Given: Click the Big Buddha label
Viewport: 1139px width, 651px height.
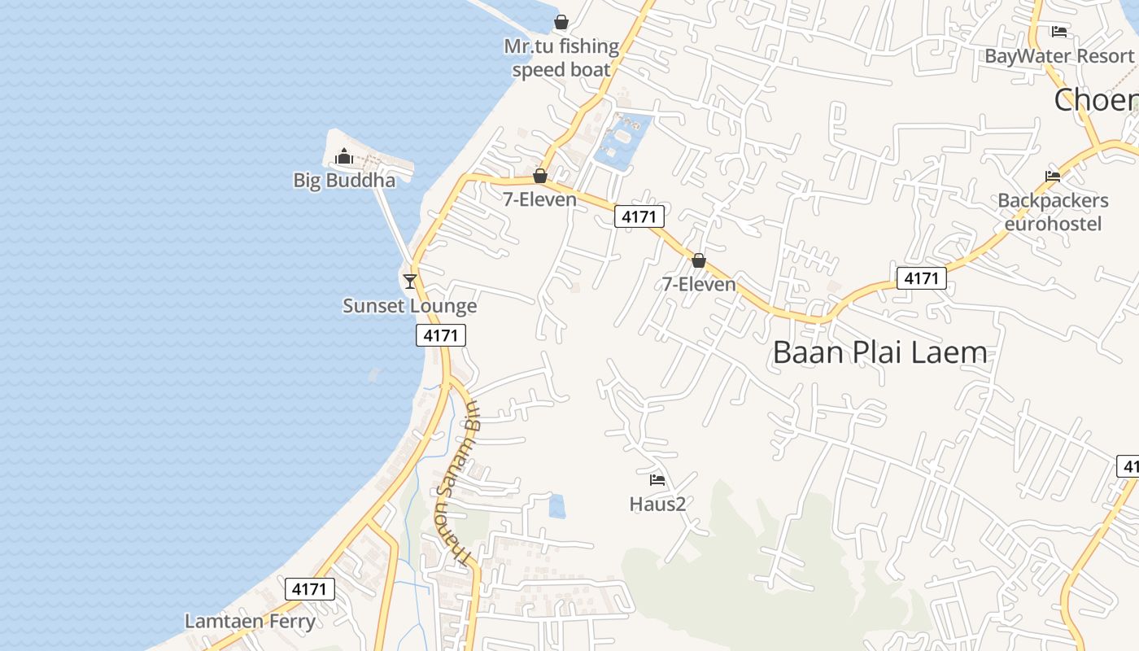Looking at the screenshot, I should (x=344, y=180).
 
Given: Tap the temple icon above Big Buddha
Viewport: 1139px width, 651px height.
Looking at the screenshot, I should (x=344, y=155).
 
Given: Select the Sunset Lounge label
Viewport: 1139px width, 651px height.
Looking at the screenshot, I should (x=409, y=306).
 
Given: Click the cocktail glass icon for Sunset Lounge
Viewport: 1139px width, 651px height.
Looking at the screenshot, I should (x=410, y=281).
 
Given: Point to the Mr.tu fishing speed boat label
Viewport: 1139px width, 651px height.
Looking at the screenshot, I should (x=561, y=58).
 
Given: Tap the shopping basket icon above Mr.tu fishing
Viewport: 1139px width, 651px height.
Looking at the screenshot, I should (x=561, y=22).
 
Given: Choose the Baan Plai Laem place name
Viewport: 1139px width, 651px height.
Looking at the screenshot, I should (x=879, y=352).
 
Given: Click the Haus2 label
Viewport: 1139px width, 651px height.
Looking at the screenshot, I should (x=657, y=504).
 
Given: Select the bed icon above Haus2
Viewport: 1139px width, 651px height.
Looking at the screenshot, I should (x=657, y=479).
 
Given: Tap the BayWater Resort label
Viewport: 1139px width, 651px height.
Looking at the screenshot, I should (x=1059, y=56).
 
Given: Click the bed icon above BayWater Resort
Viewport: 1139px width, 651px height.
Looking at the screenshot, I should (x=1059, y=32).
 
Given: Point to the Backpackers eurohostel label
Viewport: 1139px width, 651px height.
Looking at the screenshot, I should (x=1053, y=212).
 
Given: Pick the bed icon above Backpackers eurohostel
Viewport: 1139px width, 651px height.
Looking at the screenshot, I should (x=1053, y=176).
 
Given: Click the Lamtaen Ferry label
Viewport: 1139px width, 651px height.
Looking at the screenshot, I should (x=250, y=622).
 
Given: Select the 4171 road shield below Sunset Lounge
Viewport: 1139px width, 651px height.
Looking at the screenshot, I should (x=441, y=335).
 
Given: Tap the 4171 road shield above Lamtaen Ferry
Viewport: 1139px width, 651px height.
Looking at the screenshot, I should (x=310, y=589).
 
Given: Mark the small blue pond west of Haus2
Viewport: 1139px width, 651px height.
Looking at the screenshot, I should (x=557, y=506).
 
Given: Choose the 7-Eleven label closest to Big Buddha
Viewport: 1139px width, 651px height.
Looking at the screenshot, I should (x=539, y=199).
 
